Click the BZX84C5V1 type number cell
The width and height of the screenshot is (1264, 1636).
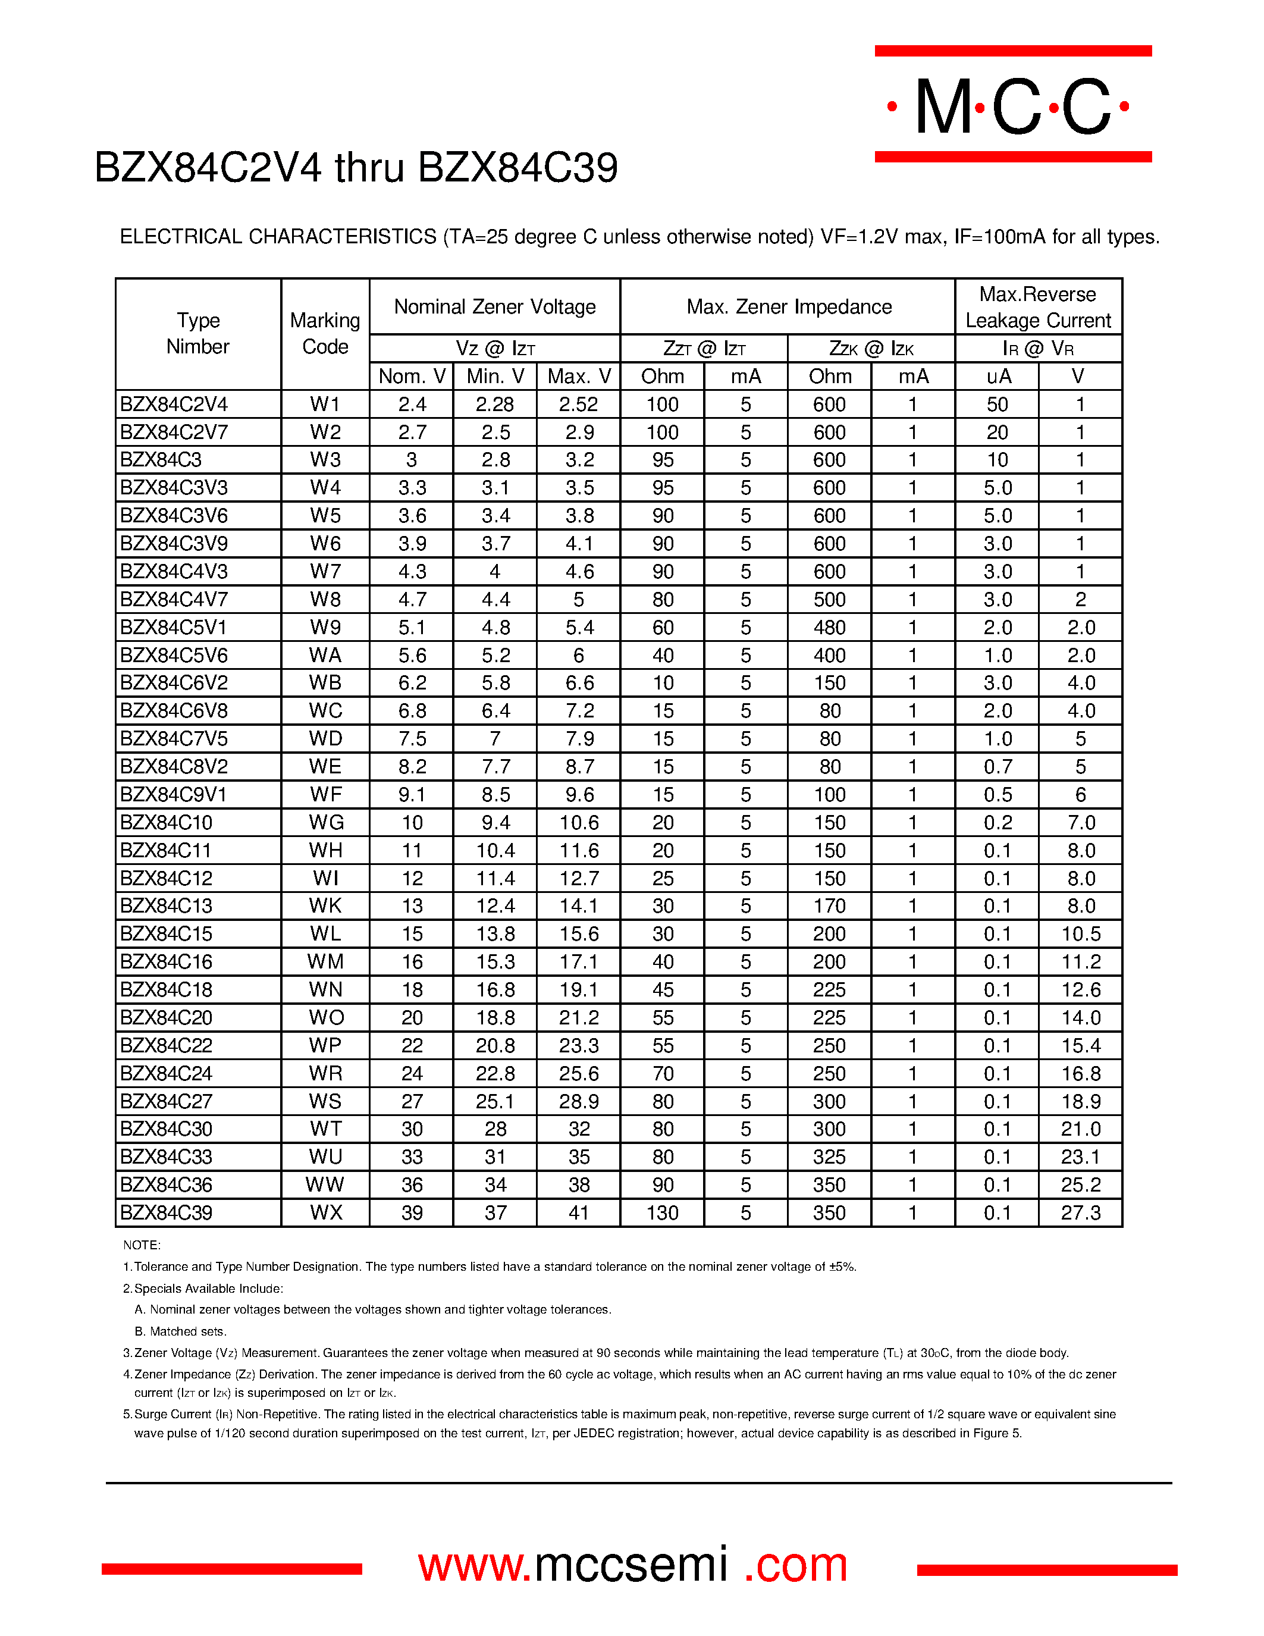tap(173, 628)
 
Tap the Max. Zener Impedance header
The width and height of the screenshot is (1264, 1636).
tap(789, 307)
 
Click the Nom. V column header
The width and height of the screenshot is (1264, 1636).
tap(412, 376)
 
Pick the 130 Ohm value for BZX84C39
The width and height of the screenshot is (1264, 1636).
tap(662, 1213)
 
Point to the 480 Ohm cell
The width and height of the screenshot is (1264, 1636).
tap(829, 628)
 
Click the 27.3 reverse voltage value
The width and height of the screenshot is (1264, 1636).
tap(1080, 1213)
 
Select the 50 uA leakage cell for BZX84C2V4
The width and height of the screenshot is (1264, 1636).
tap(997, 405)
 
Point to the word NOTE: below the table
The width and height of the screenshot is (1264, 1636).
tap(142, 1245)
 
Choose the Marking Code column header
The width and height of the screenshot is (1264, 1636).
tap(325, 333)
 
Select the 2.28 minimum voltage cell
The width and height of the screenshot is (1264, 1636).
tap(495, 405)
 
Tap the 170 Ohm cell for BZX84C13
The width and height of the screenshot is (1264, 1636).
tap(829, 907)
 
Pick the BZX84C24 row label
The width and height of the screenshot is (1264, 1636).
tap(166, 1073)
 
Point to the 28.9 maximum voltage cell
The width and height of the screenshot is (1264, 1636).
tap(578, 1102)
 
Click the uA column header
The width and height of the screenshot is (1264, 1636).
tap(998, 376)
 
